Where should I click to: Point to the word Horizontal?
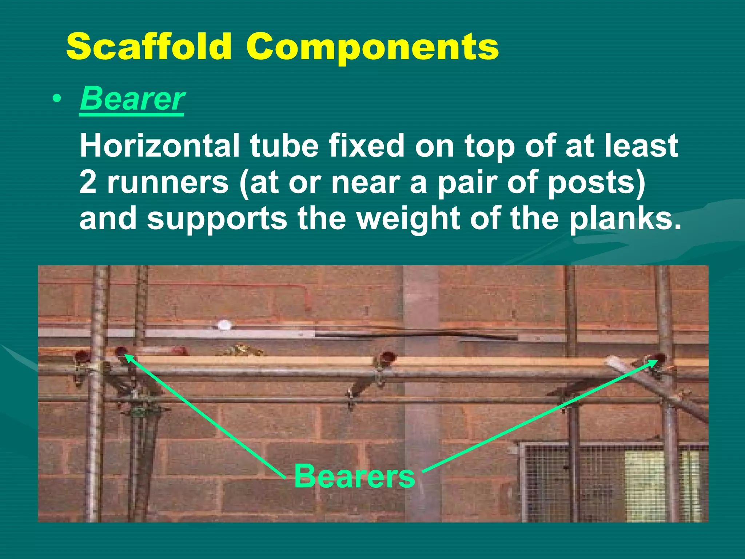pyautogui.click(x=159, y=146)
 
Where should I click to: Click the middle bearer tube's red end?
pyautogui.click(x=388, y=356)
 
